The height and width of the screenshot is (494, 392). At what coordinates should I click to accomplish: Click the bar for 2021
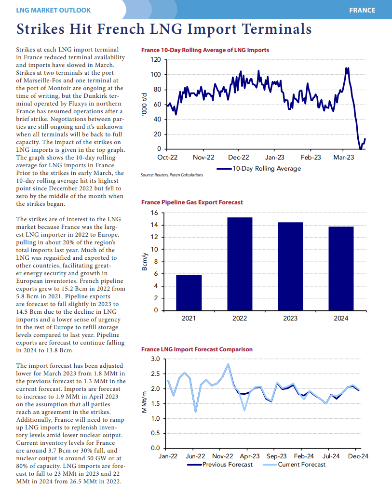[x=189, y=293]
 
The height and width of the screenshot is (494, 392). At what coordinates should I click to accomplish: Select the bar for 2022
[x=240, y=264]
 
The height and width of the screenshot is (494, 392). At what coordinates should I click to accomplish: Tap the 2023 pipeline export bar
[x=290, y=267]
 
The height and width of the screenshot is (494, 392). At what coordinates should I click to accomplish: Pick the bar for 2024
[x=341, y=269]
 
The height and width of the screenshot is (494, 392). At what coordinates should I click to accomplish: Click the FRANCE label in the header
[x=363, y=10]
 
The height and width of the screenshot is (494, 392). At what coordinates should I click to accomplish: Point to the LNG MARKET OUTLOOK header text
[x=53, y=10]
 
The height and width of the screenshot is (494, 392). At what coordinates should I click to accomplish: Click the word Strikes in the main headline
[x=41, y=28]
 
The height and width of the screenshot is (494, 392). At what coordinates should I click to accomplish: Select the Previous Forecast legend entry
[x=220, y=465]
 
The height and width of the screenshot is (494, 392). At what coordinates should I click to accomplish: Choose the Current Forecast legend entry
[x=294, y=465]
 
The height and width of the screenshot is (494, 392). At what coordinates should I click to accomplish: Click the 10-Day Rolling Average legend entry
[x=259, y=169]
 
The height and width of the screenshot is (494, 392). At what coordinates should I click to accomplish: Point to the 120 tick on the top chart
[x=155, y=60]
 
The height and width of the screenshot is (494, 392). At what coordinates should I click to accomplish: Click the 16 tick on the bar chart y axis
[x=154, y=213]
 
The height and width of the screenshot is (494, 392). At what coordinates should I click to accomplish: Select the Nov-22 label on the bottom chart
[x=222, y=456]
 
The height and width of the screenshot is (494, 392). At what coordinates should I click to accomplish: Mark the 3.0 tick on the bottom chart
[x=155, y=359]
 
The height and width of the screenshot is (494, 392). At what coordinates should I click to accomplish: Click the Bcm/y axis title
[x=144, y=262]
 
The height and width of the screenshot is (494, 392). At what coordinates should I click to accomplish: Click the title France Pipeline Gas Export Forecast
[x=192, y=202]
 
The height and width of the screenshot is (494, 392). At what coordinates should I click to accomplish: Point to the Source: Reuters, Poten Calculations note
[x=172, y=175]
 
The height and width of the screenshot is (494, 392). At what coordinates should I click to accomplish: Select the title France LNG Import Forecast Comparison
[x=197, y=349]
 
